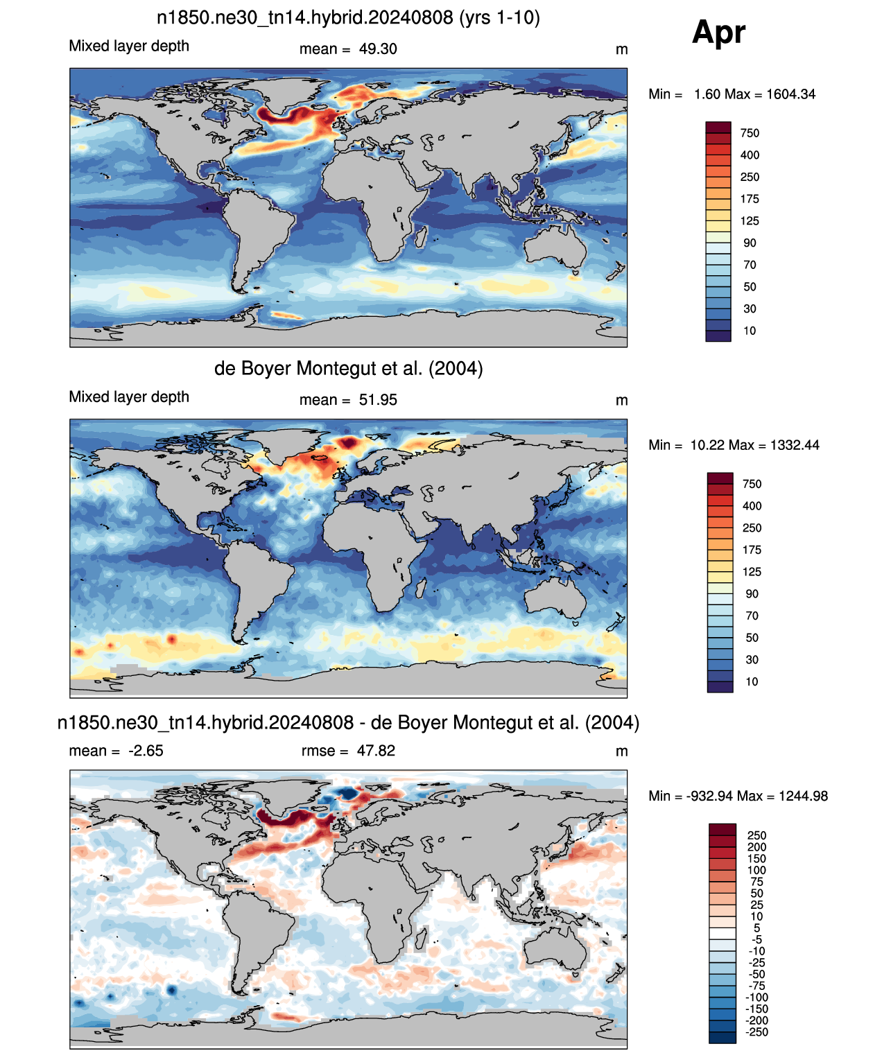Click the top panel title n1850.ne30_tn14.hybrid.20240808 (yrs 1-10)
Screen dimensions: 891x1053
click(348, 18)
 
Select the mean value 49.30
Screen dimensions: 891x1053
click(377, 49)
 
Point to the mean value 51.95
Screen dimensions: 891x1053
click(377, 400)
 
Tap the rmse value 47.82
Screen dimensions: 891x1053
click(376, 751)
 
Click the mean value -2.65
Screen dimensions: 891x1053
click(146, 751)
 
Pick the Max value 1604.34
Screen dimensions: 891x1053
click(790, 94)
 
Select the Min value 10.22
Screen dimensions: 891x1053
click(706, 445)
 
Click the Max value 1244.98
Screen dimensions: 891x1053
click(803, 797)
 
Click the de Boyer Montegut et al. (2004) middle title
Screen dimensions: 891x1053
click(349, 368)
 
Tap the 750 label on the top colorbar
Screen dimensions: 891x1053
click(750, 133)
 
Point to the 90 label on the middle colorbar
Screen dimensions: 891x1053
click(752, 593)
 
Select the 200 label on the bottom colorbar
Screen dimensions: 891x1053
click(756, 846)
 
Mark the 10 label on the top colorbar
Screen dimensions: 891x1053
click(750, 331)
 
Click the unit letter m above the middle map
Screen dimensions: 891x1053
click(621, 401)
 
